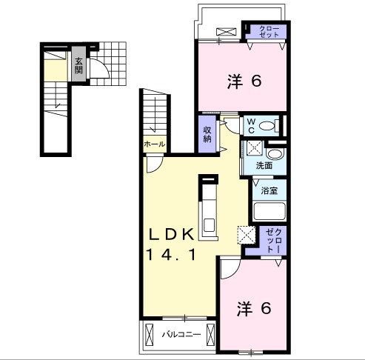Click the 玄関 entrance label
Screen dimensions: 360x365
pyautogui.click(x=78, y=66)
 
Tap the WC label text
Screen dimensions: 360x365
pyautogui.click(x=250, y=124)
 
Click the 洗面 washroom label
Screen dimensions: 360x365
pyautogui.click(x=264, y=165)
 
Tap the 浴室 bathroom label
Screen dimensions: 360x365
pyautogui.click(x=269, y=190)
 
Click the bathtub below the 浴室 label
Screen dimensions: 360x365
pyautogui.click(x=269, y=211)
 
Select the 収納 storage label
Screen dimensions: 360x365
pyautogui.click(x=208, y=133)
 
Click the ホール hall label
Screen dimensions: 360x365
pyautogui.click(x=153, y=144)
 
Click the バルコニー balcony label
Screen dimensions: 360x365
pyautogui.click(x=181, y=335)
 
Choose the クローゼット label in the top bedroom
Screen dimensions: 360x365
pyautogui.click(x=269, y=32)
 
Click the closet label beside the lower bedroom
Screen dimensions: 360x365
pyautogui.click(x=272, y=241)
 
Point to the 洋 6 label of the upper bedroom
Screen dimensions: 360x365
pyautogui.click(x=243, y=81)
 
